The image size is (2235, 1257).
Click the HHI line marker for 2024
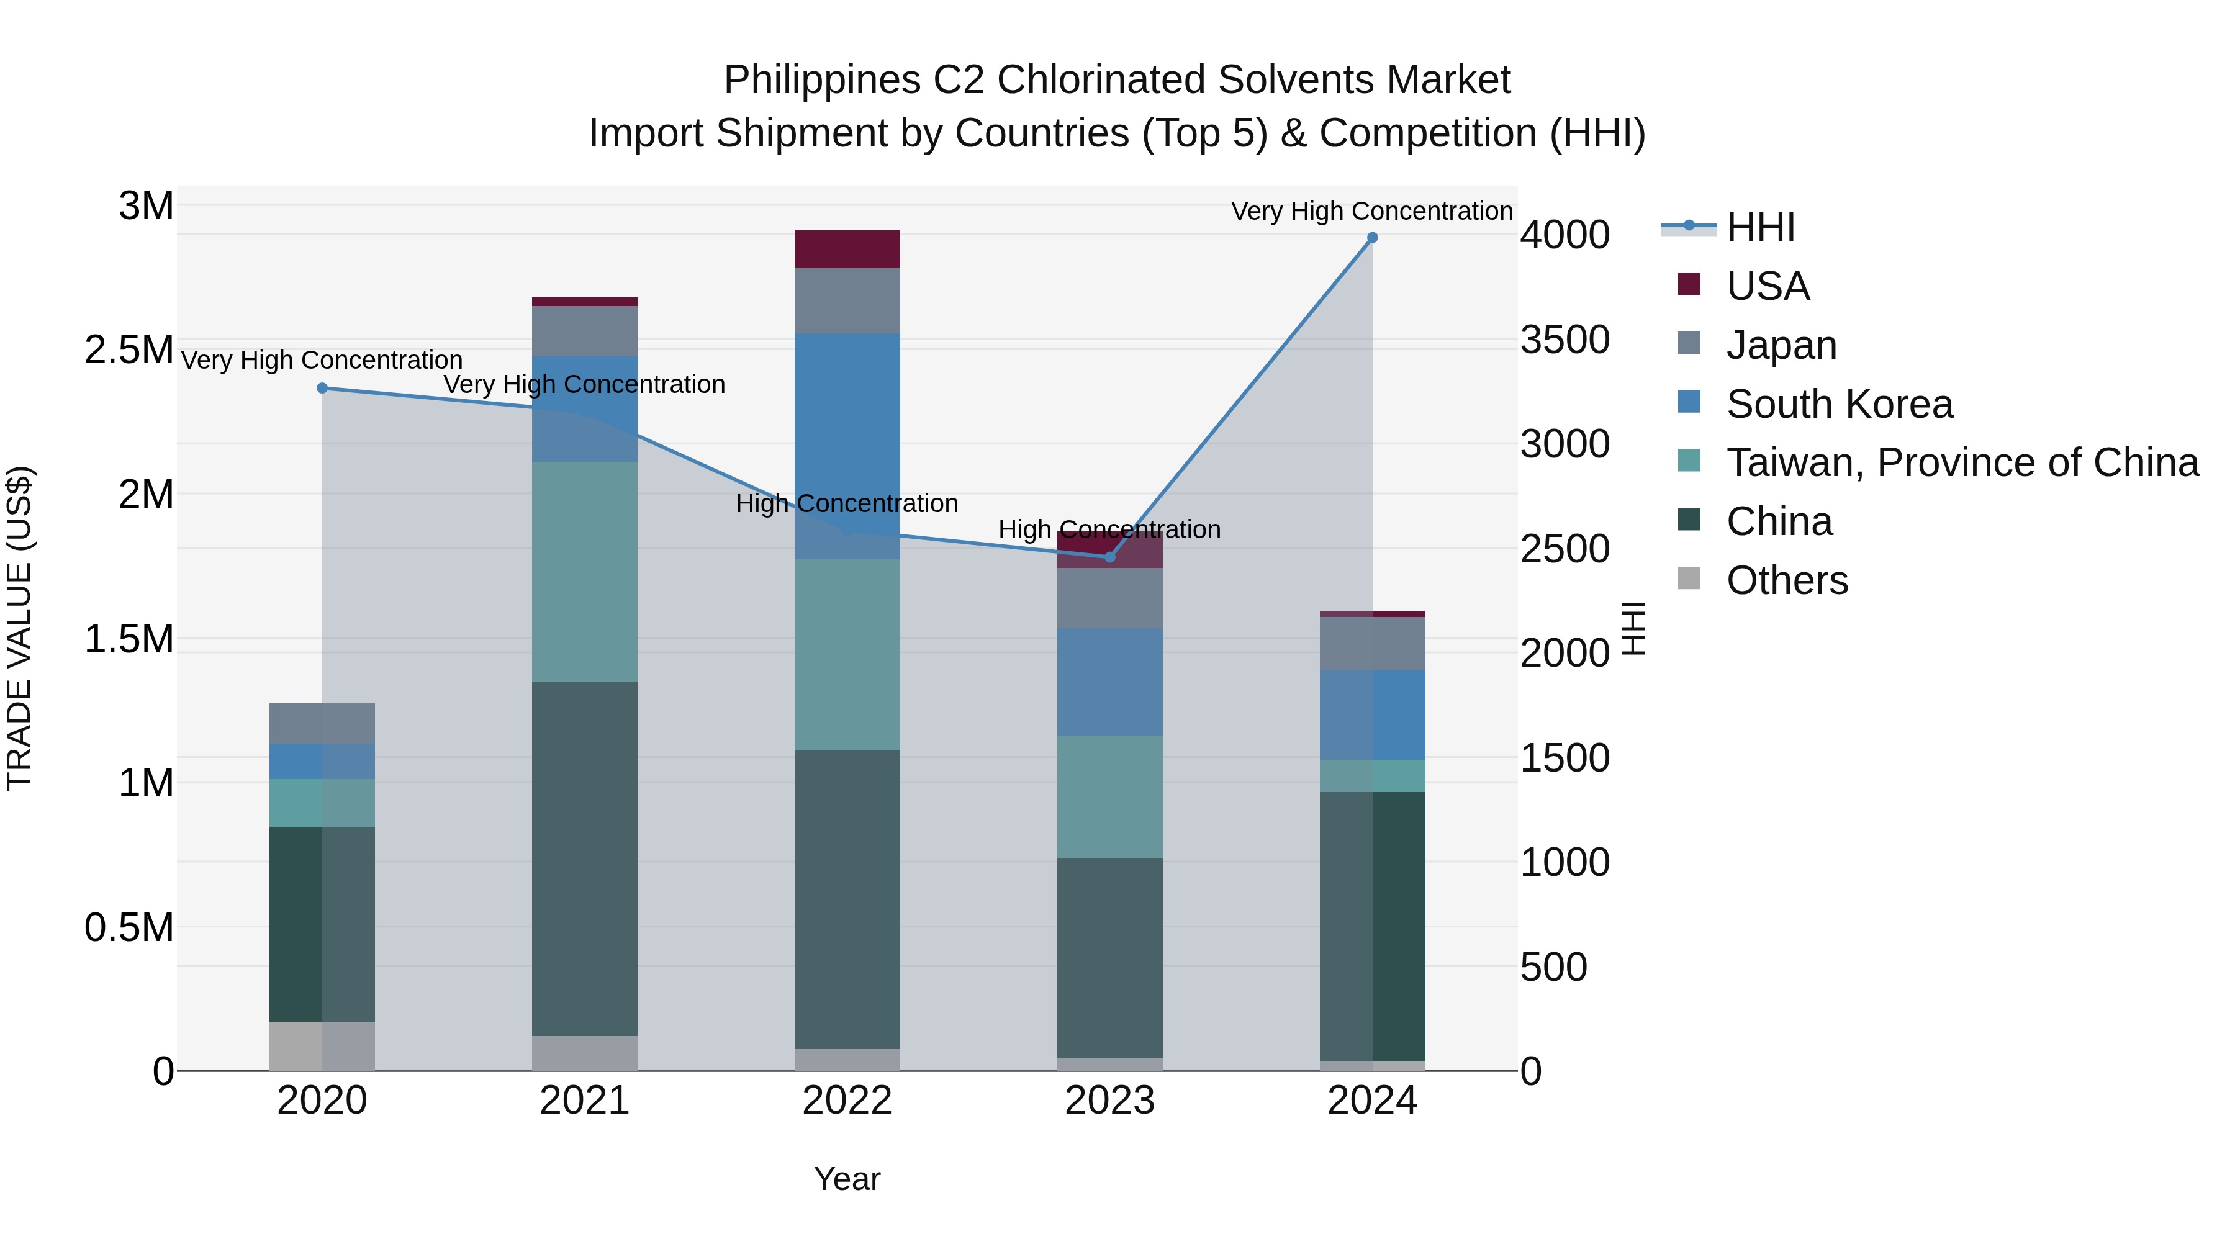[1371, 238]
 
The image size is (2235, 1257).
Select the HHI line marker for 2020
[322, 389]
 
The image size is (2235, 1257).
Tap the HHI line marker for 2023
[1109, 557]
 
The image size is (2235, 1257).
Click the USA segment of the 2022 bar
[847, 250]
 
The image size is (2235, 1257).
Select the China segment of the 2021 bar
[584, 859]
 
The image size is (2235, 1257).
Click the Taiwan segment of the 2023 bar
[1109, 797]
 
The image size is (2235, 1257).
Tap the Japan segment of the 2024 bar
[1371, 644]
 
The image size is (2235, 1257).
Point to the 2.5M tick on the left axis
[129, 351]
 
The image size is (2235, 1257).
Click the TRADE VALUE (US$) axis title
[20, 628]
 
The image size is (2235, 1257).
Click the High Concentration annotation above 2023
[1109, 529]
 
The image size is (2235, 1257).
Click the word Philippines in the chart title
[821, 81]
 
